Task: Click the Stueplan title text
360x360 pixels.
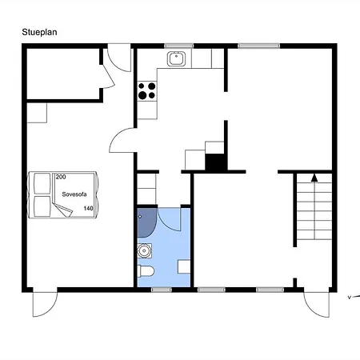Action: coord(39,32)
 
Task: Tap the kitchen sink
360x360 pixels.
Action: coord(176,58)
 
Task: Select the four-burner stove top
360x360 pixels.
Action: coord(147,90)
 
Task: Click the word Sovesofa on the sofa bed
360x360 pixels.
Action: coord(74,194)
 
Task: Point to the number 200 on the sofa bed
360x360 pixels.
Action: coord(61,177)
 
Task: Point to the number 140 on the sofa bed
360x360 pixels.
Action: coord(88,208)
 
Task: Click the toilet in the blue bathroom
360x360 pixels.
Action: coord(146,271)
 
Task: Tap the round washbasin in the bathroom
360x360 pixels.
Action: coord(144,250)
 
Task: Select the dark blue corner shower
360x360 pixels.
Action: coord(146,222)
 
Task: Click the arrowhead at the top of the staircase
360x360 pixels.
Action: coord(314,178)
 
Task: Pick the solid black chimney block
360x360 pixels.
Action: coord(215,162)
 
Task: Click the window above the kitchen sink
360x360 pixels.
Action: coord(178,46)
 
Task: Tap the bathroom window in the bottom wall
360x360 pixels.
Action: coord(162,290)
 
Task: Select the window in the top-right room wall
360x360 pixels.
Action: coord(258,46)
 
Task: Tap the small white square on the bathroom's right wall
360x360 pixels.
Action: coord(184,266)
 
